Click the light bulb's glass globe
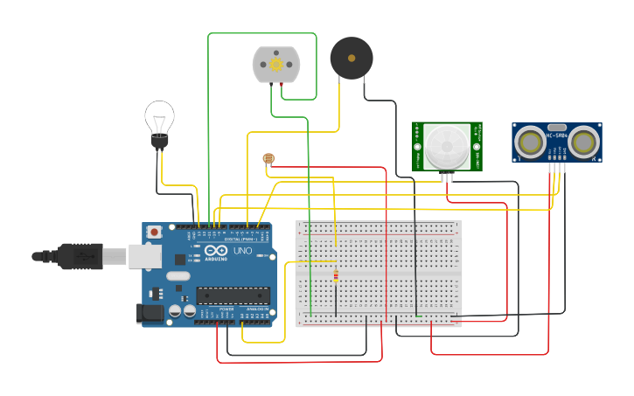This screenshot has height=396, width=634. pos(159,115)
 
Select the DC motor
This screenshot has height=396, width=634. pos(276,65)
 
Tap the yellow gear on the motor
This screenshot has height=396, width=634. pos(276,65)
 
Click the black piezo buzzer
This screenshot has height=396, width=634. pos(351,58)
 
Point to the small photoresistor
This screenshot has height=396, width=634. pos(268,158)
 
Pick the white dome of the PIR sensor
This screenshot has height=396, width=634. pos(447,145)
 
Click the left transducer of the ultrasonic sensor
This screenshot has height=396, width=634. pos(529,141)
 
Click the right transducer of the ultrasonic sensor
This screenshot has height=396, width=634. pos(585,141)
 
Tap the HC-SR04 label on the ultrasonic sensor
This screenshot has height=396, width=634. pos(557,135)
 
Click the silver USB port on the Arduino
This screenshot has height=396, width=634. pos(144,256)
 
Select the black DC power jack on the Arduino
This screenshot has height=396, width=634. pos(150,313)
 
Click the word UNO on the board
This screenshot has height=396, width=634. pos(242,251)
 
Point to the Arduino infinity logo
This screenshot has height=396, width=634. pos(215,250)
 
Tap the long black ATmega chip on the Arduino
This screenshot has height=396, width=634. pos(232,295)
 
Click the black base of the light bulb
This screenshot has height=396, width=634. pos(159,141)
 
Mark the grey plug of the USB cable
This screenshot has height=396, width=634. pos(115,256)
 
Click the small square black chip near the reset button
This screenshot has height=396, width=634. pos(179,259)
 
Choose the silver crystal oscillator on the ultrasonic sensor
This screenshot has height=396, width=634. pos(557,126)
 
